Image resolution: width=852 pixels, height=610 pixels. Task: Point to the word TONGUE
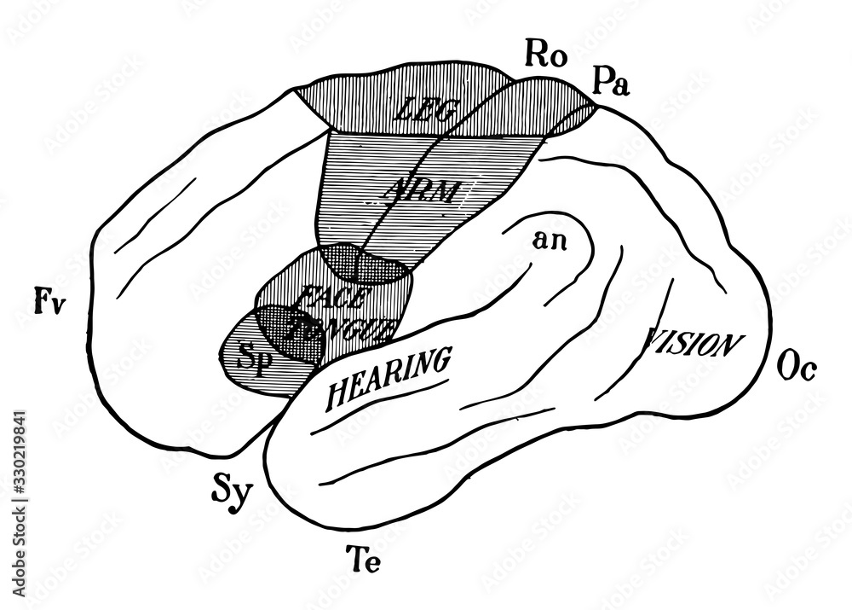click(341, 329)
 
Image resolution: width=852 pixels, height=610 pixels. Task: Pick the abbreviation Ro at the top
click(542, 55)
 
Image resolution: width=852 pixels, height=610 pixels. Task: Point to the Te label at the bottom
click(368, 561)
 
